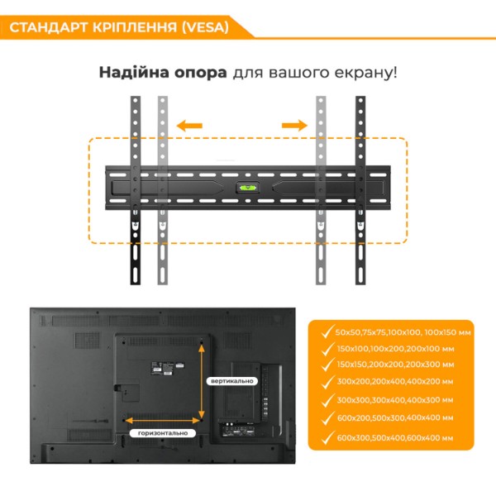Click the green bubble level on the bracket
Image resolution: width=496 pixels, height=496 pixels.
click(248, 188)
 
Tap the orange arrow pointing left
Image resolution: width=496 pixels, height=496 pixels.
click(189, 126)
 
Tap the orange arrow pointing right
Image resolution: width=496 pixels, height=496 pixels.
click(294, 126)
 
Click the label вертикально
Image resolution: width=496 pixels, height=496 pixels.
click(232, 381)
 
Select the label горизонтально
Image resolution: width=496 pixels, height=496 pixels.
click(163, 433)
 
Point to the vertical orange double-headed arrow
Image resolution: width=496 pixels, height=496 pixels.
click(202, 382)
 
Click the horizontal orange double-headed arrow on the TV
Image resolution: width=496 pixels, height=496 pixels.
click(163, 421)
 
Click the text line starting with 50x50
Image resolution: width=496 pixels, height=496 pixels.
click(403, 332)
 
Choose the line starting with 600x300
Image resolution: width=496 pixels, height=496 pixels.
click(395, 438)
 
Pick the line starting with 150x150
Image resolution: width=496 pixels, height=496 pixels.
click(395, 365)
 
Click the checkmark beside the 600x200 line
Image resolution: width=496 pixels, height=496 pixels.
click(327, 418)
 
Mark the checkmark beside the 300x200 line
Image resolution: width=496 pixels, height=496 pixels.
click(327, 382)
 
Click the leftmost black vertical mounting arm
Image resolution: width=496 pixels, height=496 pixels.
click(136, 190)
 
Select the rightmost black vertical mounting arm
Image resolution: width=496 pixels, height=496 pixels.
click(360, 190)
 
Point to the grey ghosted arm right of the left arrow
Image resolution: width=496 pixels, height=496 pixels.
click(163, 190)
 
